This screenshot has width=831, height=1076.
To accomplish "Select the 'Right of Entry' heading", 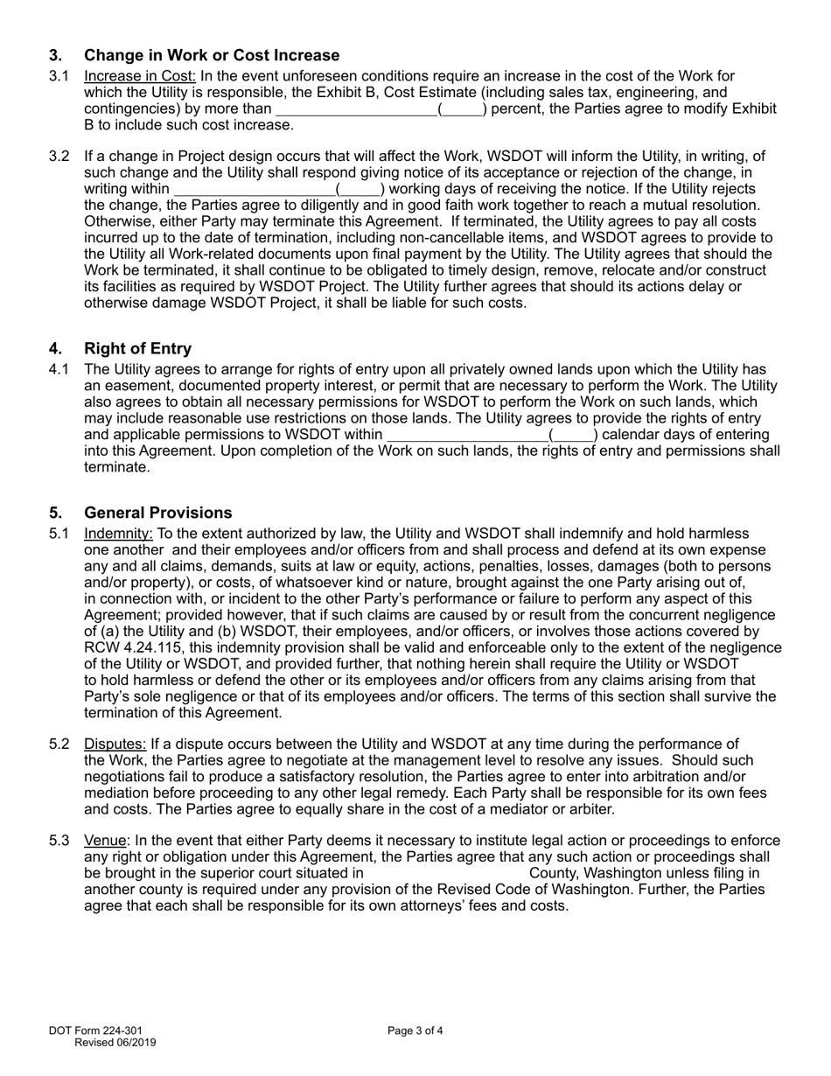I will pyautogui.click(x=137, y=349).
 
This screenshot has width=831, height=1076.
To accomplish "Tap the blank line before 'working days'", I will pyautogui.click(x=255, y=189).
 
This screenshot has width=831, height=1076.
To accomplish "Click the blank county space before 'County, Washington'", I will pyautogui.click(x=446, y=874).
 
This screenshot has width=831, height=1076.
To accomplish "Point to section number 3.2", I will pyautogui.click(x=59, y=157).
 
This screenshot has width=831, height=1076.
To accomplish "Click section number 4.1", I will pyautogui.click(x=59, y=369).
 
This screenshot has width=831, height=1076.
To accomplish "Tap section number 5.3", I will pyautogui.click(x=59, y=842).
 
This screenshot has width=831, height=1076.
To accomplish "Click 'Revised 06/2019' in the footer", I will pyautogui.click(x=115, y=1042).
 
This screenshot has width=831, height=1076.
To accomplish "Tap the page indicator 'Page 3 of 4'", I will pyautogui.click(x=415, y=1031).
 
